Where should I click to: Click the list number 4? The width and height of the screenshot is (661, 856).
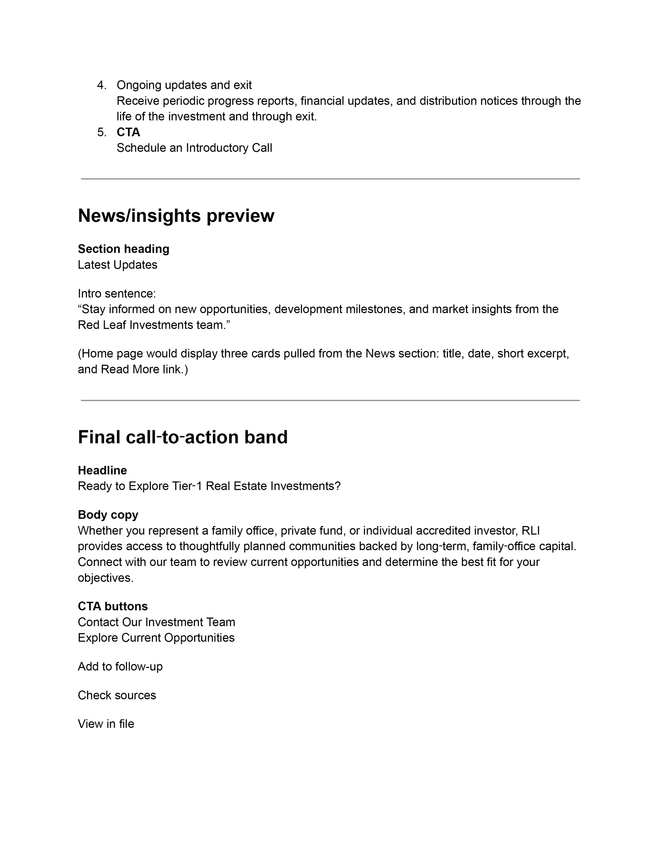(102, 85)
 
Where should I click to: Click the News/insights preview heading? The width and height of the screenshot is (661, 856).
(176, 216)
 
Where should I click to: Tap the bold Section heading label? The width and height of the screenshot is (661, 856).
(124, 249)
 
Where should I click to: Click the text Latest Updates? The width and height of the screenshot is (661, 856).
(117, 265)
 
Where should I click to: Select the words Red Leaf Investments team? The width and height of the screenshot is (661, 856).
(151, 325)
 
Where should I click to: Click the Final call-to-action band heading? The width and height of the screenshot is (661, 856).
(182, 437)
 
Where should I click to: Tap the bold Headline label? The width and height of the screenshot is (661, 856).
(102, 470)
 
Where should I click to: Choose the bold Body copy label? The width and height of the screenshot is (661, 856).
(108, 515)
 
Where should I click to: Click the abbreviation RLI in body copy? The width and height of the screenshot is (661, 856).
(531, 531)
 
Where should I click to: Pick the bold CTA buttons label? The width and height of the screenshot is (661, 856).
(113, 606)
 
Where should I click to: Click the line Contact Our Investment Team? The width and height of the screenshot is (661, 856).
(156, 622)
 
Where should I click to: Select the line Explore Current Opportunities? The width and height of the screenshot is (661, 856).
(156, 638)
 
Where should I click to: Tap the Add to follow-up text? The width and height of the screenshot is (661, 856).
(120, 666)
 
